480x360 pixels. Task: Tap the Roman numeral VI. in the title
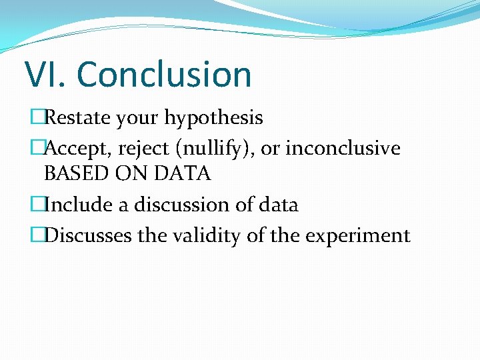(46, 74)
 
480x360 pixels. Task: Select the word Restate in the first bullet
(77, 119)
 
